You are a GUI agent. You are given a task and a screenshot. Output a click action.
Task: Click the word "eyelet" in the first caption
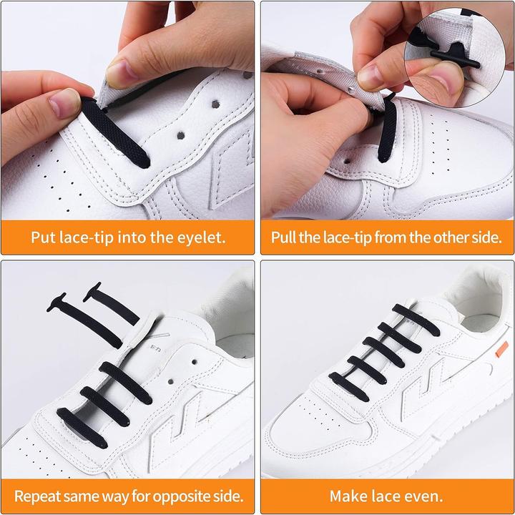pos(201,237)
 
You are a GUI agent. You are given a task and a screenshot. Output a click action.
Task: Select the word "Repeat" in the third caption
pos(37,496)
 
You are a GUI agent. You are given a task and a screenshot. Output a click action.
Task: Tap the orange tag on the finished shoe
pos(501,349)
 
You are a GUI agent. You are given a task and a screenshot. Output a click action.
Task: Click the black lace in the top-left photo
pos(115,132)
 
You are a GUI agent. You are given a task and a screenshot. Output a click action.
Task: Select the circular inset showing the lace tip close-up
pos(455,58)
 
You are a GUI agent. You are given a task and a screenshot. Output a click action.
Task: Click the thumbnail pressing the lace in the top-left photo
pos(65,103)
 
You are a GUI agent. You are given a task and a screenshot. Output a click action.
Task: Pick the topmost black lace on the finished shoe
pos(416,320)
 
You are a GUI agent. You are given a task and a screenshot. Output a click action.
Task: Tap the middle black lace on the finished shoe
pos(383,352)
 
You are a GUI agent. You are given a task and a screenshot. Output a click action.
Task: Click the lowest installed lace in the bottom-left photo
pos(82,428)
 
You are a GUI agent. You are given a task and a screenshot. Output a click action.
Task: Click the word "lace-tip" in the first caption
pos(87,237)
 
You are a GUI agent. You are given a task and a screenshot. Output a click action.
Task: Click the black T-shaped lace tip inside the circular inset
pos(455,57)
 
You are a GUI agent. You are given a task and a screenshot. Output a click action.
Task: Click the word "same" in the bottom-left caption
pos(81,496)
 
